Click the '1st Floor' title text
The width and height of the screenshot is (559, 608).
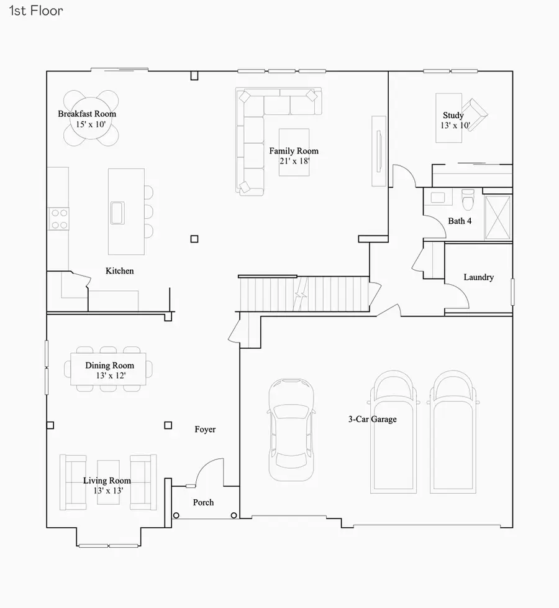coord(36,11)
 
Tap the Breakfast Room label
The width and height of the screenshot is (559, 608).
coord(87,114)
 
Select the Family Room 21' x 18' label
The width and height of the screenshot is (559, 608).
coord(294,155)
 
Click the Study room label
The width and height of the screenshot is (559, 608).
coord(453,120)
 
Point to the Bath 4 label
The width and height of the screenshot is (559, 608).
coord(460,221)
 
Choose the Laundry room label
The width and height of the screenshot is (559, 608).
coord(478,277)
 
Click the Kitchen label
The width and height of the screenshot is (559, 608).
coord(119,271)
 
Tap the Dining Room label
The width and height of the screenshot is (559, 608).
coord(110,370)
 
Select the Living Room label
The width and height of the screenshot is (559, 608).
coord(107,485)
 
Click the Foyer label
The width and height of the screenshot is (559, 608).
coord(205,430)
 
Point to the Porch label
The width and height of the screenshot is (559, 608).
coord(203,502)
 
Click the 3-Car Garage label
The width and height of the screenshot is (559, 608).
coord(372,420)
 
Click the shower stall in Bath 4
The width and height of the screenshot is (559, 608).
coord(498,217)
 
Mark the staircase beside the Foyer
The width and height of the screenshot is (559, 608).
coord(304,294)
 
